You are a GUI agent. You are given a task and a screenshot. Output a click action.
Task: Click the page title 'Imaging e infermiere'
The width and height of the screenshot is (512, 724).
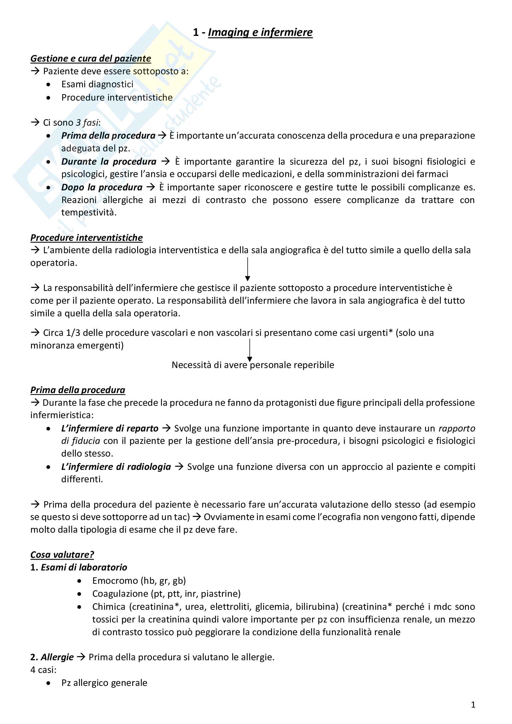click(x=260, y=33)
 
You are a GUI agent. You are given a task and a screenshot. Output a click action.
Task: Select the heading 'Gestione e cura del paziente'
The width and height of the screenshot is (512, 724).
click(x=90, y=59)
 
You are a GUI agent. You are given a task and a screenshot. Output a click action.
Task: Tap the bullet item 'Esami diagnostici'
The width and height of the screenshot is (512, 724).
click(x=97, y=85)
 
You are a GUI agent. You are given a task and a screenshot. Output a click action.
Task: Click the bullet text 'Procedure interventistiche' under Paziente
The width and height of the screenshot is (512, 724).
click(x=117, y=98)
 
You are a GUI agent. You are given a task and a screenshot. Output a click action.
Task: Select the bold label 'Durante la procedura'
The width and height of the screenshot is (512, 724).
click(x=109, y=162)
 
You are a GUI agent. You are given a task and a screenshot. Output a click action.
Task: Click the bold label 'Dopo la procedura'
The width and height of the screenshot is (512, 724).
click(x=102, y=188)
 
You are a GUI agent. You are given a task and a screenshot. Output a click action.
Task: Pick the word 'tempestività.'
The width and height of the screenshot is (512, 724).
click(x=89, y=213)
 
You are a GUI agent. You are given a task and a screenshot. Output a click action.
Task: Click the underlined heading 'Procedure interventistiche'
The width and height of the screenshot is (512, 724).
click(x=86, y=238)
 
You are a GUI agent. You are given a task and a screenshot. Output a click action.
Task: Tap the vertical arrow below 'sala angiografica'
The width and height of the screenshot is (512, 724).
click(x=248, y=269)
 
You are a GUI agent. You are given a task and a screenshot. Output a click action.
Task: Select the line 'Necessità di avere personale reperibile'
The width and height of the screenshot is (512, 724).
click(x=253, y=365)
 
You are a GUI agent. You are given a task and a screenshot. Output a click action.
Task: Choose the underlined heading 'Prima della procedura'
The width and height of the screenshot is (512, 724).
click(x=78, y=390)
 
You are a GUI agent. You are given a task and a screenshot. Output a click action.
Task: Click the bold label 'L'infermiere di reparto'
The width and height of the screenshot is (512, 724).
click(x=110, y=428)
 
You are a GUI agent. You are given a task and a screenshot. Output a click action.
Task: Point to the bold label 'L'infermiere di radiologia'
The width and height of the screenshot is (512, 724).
click(x=116, y=467)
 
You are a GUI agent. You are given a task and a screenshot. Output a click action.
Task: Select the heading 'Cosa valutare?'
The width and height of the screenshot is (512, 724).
click(x=62, y=555)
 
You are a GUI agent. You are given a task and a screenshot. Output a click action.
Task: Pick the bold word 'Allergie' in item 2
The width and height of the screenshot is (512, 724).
click(x=57, y=657)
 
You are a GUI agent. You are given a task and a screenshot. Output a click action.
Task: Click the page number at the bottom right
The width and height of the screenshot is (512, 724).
click(x=473, y=705)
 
